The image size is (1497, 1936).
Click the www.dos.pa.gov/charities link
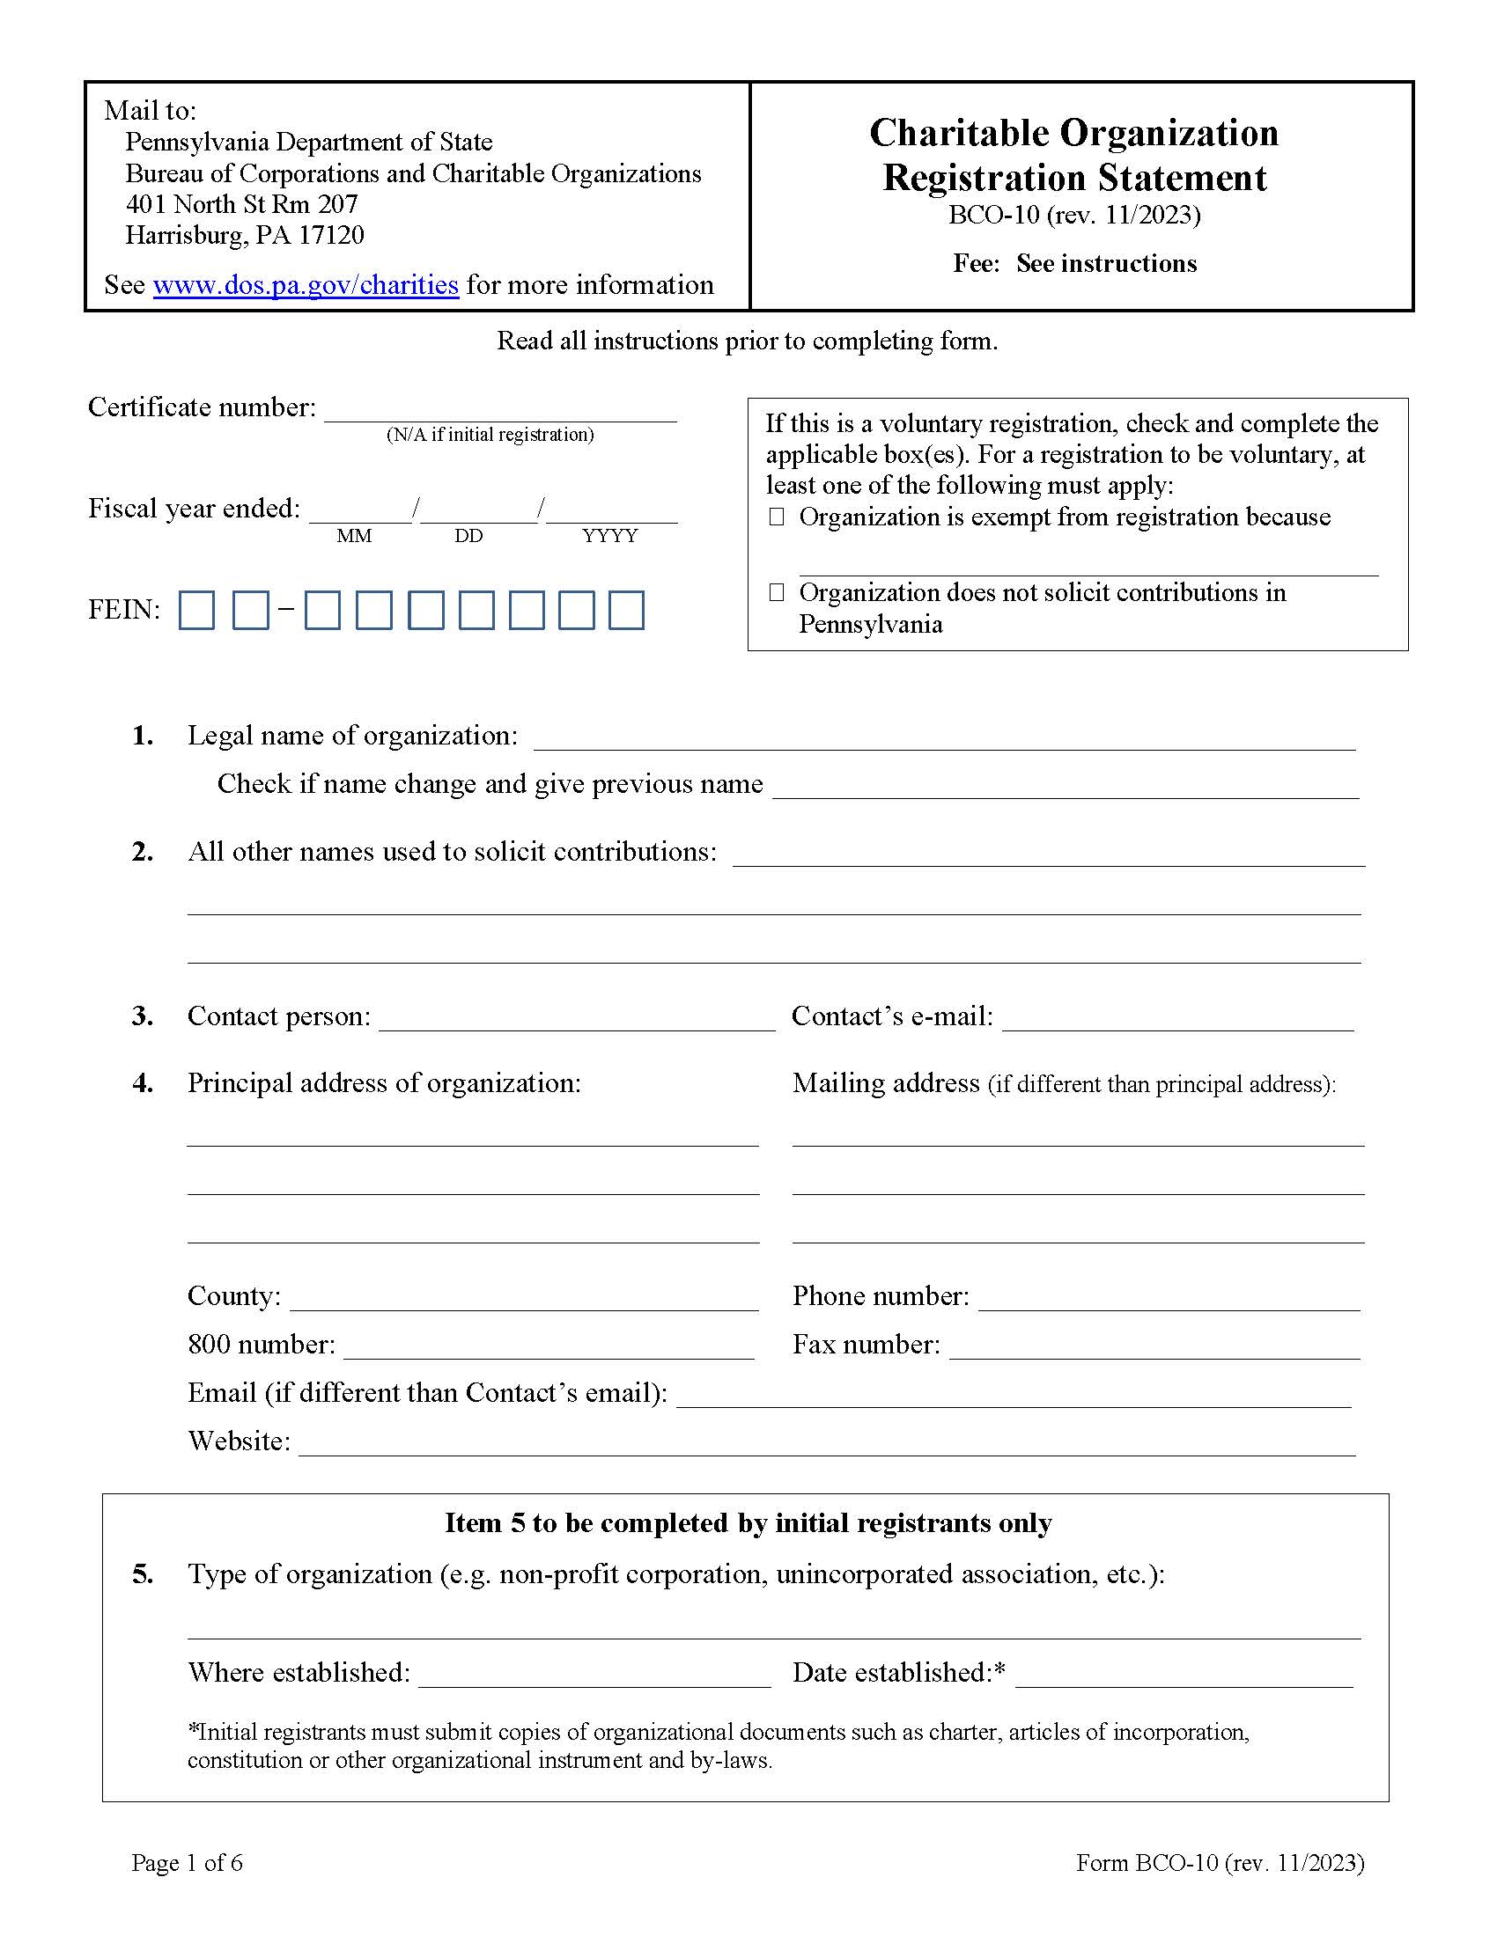[305, 284]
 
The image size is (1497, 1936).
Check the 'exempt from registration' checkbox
[777, 517]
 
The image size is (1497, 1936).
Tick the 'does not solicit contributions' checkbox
[777, 592]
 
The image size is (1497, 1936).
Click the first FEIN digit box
[197, 611]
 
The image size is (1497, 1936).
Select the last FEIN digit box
[626, 611]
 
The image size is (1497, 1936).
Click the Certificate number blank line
[500, 413]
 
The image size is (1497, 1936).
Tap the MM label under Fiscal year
[354, 536]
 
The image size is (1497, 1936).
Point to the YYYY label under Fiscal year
[609, 536]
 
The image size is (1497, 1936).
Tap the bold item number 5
[143, 1574]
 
